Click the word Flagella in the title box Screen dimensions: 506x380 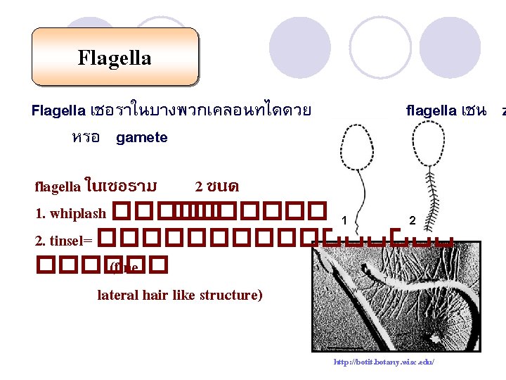coord(115,57)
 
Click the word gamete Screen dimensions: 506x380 coord(142,138)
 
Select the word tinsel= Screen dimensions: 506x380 coord(63,241)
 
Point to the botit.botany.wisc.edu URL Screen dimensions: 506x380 coord(384,362)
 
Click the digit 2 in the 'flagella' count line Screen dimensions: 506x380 coord(199,186)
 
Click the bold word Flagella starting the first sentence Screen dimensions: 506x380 coord(59,110)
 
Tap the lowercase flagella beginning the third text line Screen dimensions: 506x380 coord(58,186)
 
